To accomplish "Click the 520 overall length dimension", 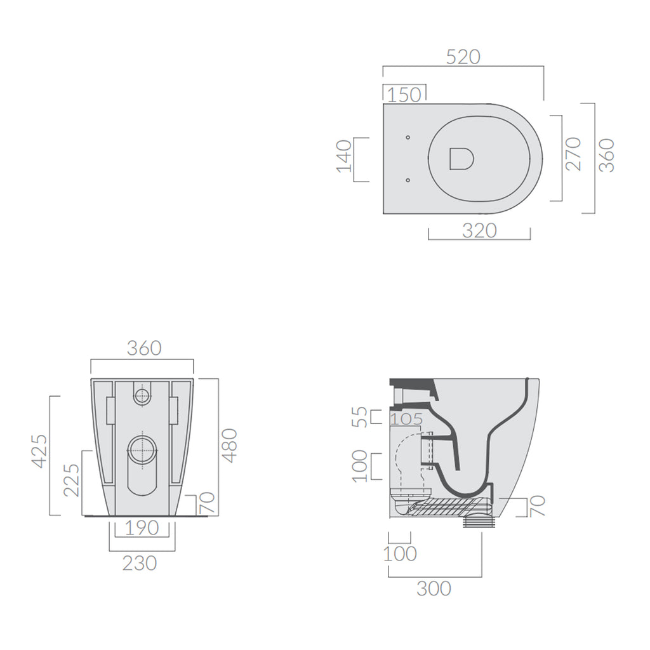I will (x=463, y=56).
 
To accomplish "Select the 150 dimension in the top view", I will (x=404, y=95).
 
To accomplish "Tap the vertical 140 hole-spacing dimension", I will (x=343, y=156).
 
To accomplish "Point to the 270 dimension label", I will (x=573, y=154).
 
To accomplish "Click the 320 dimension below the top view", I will (x=479, y=230).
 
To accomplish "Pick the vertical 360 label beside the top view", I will (x=607, y=155).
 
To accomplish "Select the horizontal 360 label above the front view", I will (x=144, y=348).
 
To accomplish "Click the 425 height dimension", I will (x=39, y=451).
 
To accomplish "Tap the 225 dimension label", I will (x=71, y=479).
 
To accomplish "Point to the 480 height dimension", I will (x=229, y=445).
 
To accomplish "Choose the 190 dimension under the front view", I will (x=141, y=529).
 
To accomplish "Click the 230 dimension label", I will (x=139, y=562).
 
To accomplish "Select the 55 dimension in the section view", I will (x=360, y=417).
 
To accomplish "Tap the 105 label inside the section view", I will (x=406, y=419).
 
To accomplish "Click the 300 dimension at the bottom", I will (x=434, y=588).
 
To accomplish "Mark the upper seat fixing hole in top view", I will (x=408, y=137).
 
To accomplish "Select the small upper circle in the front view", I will (x=142, y=396).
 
